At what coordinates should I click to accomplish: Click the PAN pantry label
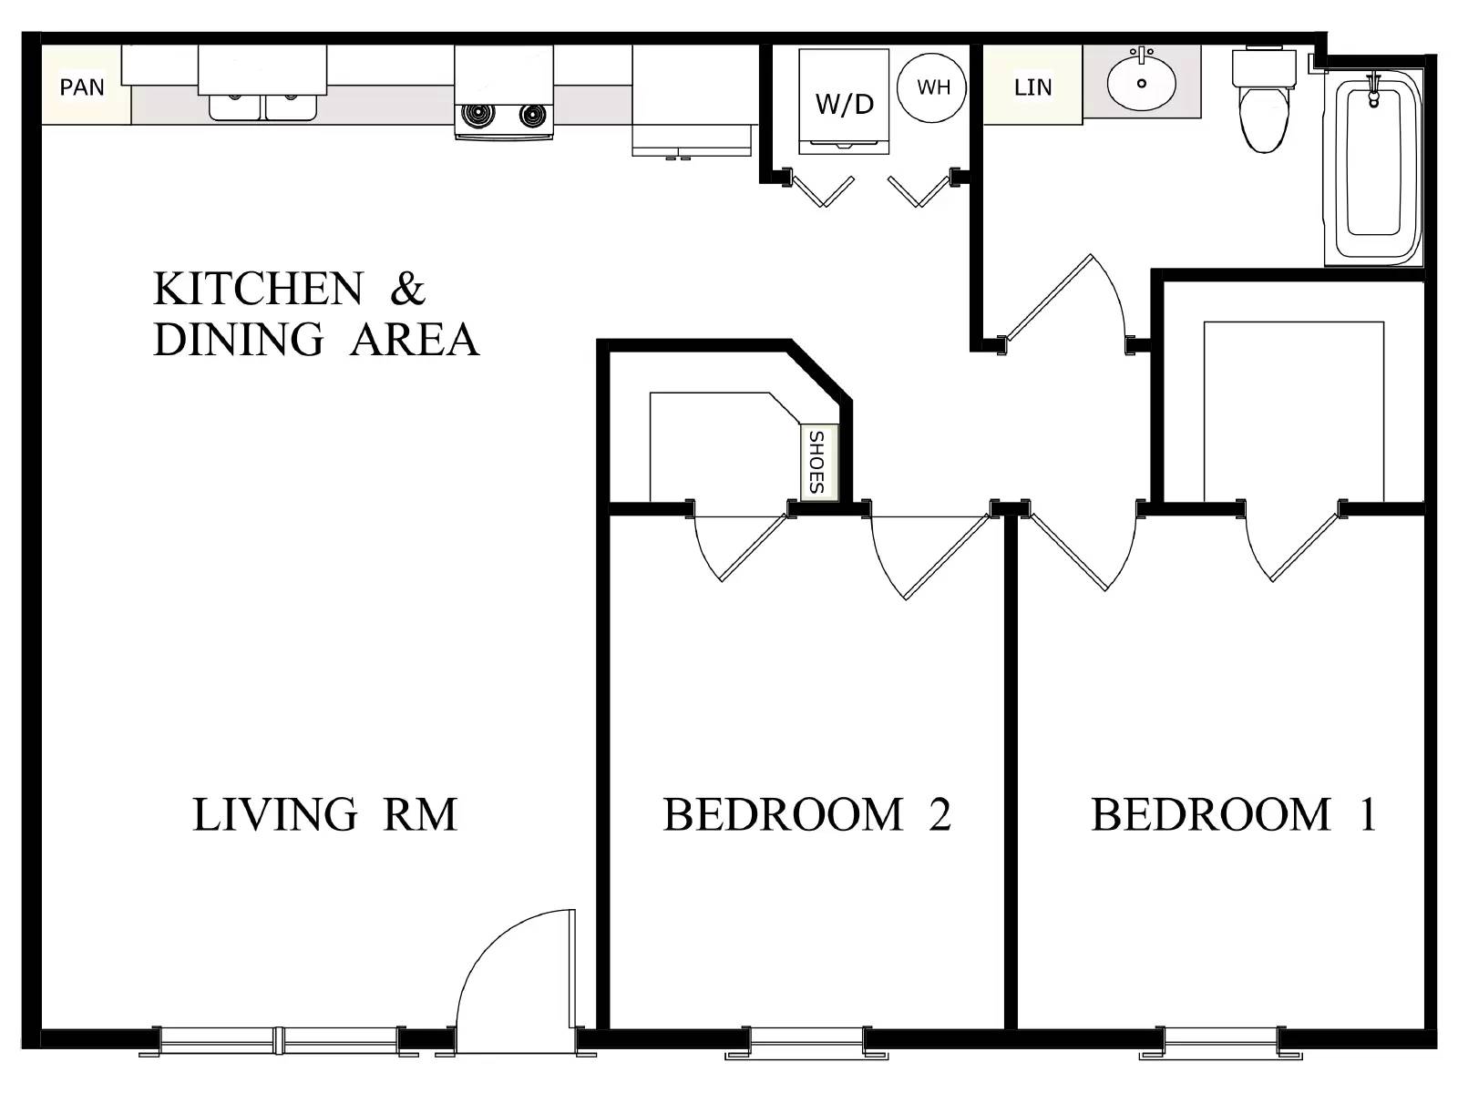(x=82, y=87)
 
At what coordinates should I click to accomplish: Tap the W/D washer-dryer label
(x=844, y=103)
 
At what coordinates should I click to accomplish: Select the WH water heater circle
(x=933, y=87)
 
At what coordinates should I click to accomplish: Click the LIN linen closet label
(x=1032, y=87)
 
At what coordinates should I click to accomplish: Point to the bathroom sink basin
(x=1141, y=82)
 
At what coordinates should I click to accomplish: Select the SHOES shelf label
(x=816, y=463)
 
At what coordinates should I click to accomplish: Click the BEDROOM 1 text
(x=1233, y=814)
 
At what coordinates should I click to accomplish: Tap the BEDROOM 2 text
(x=806, y=814)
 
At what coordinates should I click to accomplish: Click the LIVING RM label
(x=324, y=814)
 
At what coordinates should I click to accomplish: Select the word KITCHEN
(x=258, y=289)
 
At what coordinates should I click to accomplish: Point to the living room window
(x=279, y=1038)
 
